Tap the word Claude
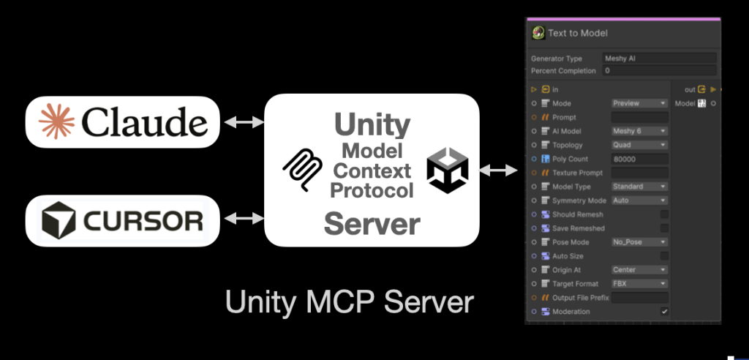coord(145,121)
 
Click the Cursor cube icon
coord(57,220)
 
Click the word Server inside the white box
coord(372,222)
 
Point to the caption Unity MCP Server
coord(350,301)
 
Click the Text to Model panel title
coord(577,33)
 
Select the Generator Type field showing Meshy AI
coord(658,58)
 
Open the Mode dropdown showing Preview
coord(639,104)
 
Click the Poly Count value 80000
coord(639,159)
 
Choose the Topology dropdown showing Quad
coord(639,145)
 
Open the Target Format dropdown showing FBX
coord(639,283)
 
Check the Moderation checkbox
coord(664,312)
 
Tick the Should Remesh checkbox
coord(664,214)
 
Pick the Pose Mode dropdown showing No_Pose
coord(639,242)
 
